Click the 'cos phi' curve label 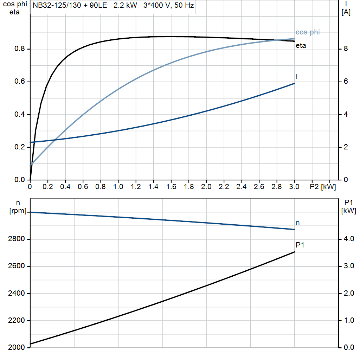pyautogui.click(x=308, y=32)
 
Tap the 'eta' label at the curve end pyautogui.click(x=301, y=45)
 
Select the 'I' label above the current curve pyautogui.click(x=297, y=76)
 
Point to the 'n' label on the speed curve pyautogui.click(x=297, y=223)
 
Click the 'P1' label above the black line pyautogui.click(x=300, y=245)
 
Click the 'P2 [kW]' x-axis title pyautogui.click(x=323, y=187)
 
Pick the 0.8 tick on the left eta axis pyautogui.click(x=19, y=49)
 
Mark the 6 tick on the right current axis pyautogui.click(x=346, y=82)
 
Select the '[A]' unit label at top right pyautogui.click(x=346, y=12)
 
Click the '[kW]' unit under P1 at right pyautogui.click(x=349, y=211)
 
